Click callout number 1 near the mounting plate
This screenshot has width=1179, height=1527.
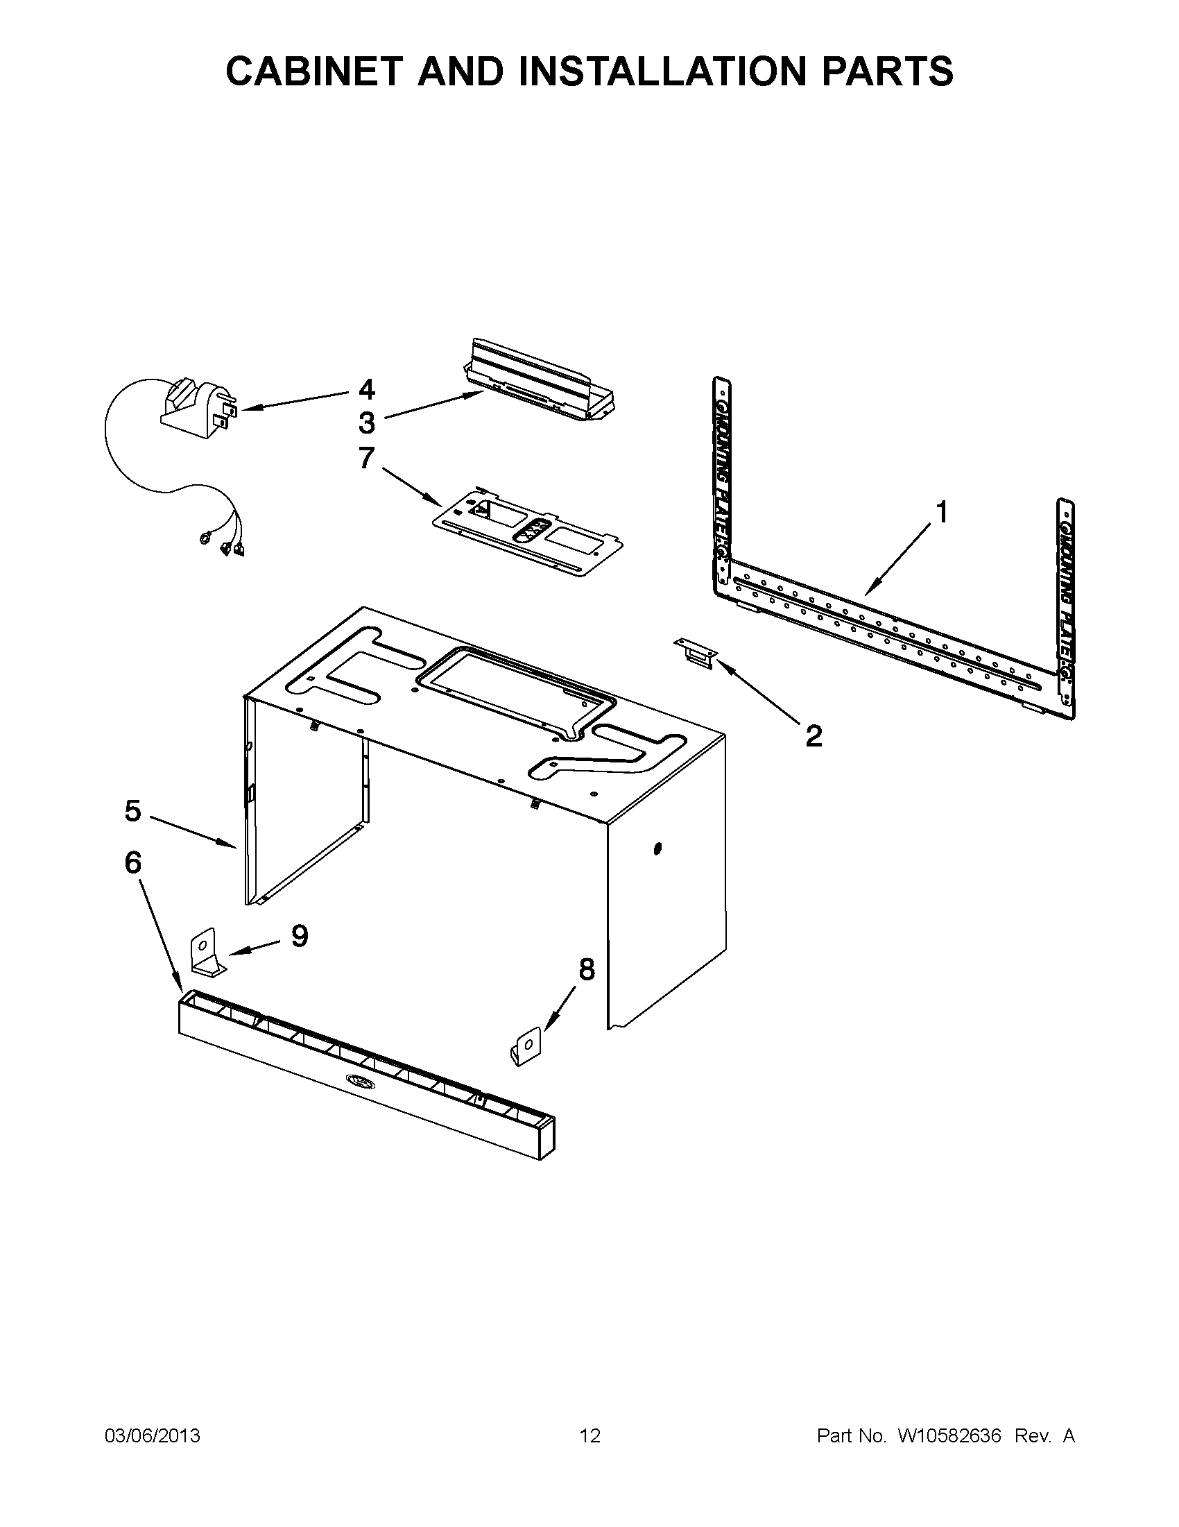click(941, 513)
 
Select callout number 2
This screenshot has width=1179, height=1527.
click(814, 735)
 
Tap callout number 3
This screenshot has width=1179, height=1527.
click(367, 423)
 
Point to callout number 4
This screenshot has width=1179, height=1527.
click(367, 389)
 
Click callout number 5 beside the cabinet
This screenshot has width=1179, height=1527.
click(132, 811)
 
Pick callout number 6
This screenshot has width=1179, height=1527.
click(132, 863)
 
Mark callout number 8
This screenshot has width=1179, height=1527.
click(586, 969)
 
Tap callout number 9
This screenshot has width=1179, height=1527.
click(299, 935)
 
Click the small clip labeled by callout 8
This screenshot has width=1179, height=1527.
click(525, 1047)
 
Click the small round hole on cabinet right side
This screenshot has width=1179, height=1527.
click(657, 848)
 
